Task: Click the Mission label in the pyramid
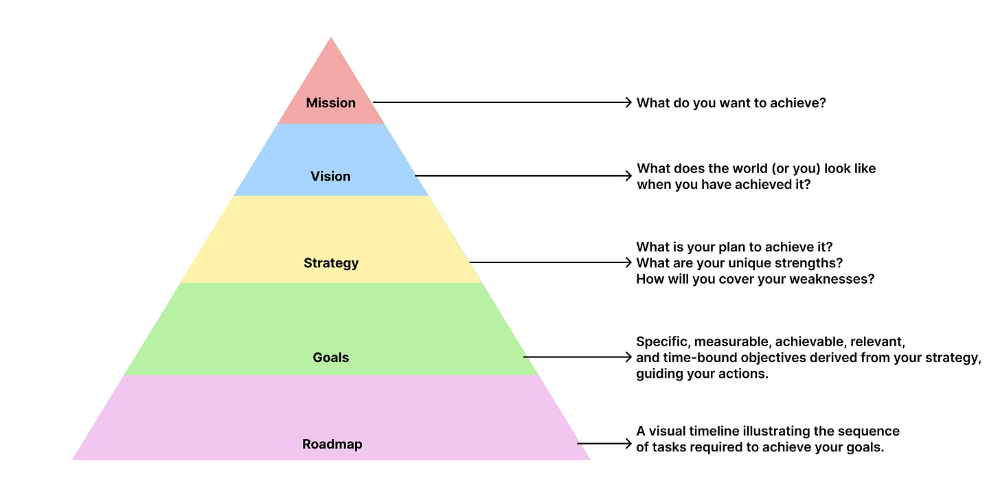tap(331, 103)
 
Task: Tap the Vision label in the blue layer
tap(330, 177)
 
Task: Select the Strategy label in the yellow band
tap(331, 263)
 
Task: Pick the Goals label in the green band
tap(331, 357)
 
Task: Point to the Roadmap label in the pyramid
tap(332, 444)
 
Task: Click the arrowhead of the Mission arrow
tap(628, 102)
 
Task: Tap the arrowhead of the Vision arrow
tap(628, 176)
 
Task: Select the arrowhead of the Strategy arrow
tap(628, 262)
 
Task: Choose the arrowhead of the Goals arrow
tap(628, 357)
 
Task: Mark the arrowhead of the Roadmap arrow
tap(628, 444)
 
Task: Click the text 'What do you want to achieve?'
tap(731, 103)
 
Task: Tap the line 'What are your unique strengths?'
tap(739, 263)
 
